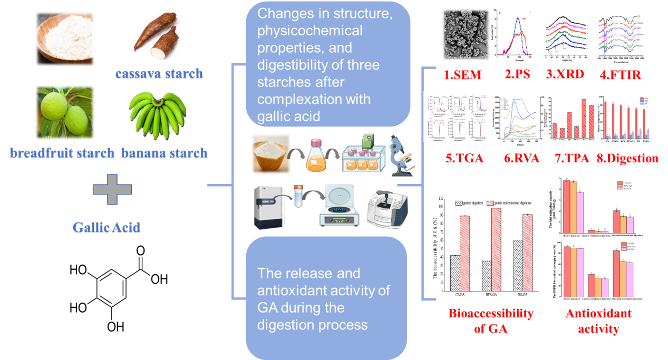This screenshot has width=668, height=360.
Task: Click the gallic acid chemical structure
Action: [119, 288]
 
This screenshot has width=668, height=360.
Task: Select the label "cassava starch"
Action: [159, 73]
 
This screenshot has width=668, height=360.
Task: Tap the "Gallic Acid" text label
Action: [107, 228]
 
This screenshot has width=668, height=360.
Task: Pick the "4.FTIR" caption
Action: [621, 74]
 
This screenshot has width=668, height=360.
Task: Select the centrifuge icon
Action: [339, 207]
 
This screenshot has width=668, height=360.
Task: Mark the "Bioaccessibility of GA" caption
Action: [491, 320]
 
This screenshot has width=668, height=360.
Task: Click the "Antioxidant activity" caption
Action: [598, 321]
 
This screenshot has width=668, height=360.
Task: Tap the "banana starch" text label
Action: [164, 153]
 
